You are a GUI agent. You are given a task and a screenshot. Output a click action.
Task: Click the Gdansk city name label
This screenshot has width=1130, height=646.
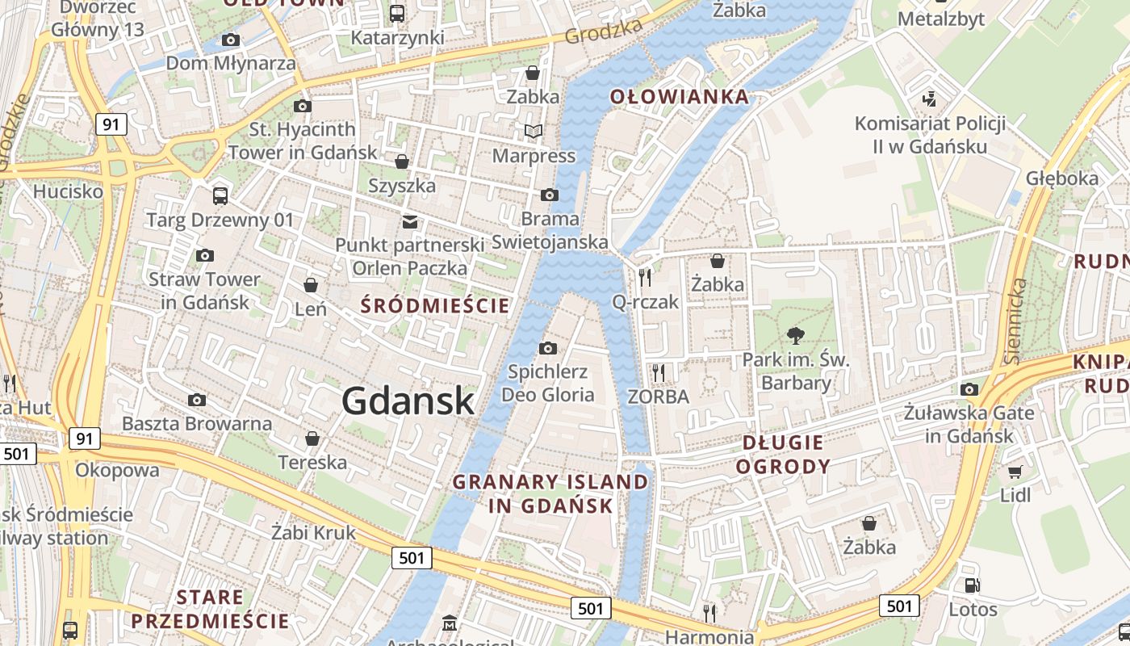(408, 401)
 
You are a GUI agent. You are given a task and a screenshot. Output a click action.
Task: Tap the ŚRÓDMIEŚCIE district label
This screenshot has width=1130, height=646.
(435, 306)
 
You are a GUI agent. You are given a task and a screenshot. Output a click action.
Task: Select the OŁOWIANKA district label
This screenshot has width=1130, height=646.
(679, 98)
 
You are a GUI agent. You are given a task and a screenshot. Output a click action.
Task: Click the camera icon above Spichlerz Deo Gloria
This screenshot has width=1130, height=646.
(548, 348)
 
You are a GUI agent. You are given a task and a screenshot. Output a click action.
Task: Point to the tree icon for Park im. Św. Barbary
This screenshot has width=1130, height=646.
(796, 336)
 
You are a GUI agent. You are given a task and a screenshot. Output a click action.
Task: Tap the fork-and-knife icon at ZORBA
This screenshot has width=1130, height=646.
(659, 372)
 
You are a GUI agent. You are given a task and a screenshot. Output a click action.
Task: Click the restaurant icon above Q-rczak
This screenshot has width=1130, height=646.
(645, 278)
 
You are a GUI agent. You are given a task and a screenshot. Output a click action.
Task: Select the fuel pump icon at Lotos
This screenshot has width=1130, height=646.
(972, 585)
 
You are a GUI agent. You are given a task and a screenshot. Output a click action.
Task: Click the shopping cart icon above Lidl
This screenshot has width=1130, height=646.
(1015, 472)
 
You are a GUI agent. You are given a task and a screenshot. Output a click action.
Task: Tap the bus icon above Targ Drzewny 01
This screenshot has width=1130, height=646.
(220, 195)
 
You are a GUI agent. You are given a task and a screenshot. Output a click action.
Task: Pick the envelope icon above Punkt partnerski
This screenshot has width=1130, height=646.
(410, 221)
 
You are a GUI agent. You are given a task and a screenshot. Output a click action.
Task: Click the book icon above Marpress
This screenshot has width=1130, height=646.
(534, 131)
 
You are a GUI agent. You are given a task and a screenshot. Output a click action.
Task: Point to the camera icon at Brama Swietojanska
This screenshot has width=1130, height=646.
(550, 195)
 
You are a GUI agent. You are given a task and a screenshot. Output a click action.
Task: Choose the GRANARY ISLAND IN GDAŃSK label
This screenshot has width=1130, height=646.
(550, 494)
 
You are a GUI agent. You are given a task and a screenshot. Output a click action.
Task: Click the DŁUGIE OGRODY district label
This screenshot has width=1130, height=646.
(783, 454)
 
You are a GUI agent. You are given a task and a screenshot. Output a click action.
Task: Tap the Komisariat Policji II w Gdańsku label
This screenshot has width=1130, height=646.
(930, 135)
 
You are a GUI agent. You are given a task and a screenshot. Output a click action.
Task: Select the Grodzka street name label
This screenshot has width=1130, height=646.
(604, 31)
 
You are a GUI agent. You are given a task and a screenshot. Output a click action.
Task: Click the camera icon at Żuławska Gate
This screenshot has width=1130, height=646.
(969, 390)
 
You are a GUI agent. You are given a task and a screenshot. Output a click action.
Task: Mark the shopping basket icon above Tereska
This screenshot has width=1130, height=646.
(312, 438)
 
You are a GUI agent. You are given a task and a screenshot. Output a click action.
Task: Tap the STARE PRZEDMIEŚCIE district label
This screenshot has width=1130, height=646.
(210, 609)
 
